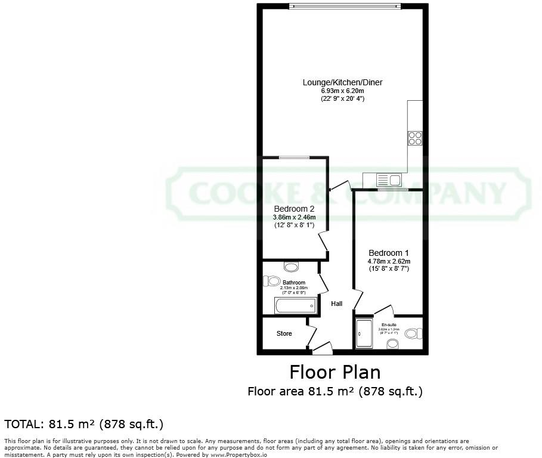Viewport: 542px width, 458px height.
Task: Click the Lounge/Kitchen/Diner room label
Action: pyautogui.click(x=342, y=82)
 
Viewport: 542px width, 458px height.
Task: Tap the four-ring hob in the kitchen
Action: pyautogui.click(x=415, y=138)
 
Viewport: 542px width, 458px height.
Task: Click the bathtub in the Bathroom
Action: pyautogui.click(x=295, y=307)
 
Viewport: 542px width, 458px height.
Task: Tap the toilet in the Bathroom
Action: pyautogui.click(x=273, y=280)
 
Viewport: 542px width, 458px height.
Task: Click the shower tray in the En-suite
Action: pyautogui.click(x=363, y=334)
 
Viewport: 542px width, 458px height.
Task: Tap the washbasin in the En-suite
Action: pyautogui.click(x=392, y=343)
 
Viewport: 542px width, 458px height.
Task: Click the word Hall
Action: pyautogui.click(x=337, y=304)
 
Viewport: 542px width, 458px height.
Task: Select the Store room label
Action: pyautogui.click(x=284, y=333)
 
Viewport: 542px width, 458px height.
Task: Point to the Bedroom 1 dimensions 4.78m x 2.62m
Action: pyautogui.click(x=389, y=261)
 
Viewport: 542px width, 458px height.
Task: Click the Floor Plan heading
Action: pyautogui.click(x=335, y=372)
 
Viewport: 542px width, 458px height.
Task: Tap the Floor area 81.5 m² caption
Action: pyautogui.click(x=335, y=392)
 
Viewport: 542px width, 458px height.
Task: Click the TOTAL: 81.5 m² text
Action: pyautogui.click(x=84, y=424)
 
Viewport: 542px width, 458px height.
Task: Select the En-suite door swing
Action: pyautogui.click(x=385, y=310)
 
